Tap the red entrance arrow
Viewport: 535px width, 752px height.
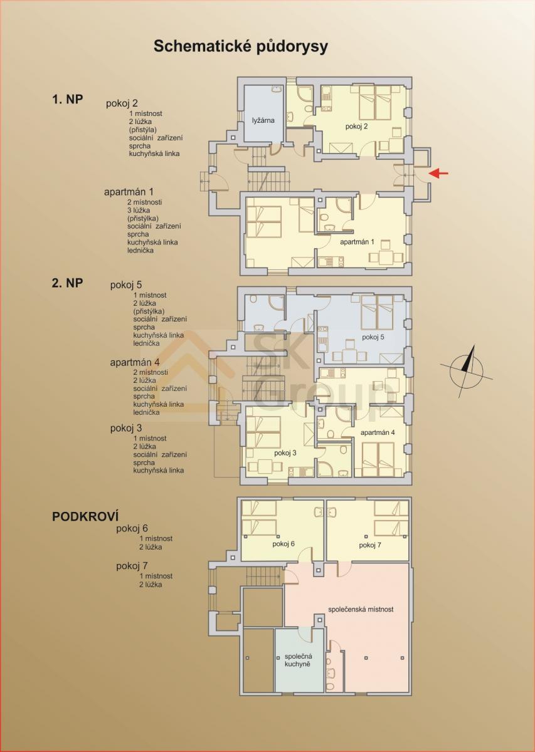(438, 173)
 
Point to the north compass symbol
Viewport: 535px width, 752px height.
(467, 372)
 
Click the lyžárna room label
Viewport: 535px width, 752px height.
(263, 120)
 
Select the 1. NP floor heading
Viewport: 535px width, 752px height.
(67, 100)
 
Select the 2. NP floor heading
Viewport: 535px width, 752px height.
(67, 283)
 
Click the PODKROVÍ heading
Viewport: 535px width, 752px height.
(85, 516)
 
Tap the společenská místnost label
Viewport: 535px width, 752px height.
(361, 609)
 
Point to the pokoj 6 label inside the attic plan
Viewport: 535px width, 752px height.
(283, 544)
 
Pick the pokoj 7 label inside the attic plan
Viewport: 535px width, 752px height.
(369, 545)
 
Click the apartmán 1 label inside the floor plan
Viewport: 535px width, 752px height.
(356, 242)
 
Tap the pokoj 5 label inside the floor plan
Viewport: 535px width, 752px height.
(373, 337)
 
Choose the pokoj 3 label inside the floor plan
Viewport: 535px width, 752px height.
(285, 453)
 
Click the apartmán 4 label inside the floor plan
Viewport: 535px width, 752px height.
(378, 432)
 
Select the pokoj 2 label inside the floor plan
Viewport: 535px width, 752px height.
(356, 126)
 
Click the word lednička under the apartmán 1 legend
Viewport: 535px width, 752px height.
(140, 251)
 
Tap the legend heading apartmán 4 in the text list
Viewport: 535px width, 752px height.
(135, 363)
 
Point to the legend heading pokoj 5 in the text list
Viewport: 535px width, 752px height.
(126, 285)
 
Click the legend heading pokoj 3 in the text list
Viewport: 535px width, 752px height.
(126, 429)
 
